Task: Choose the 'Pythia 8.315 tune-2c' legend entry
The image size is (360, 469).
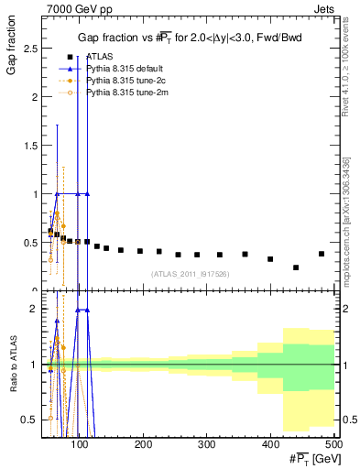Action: pos(125,81)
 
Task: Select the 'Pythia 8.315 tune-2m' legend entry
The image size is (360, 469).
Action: pos(125,93)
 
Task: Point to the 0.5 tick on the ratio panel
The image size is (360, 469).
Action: pos(29,420)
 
